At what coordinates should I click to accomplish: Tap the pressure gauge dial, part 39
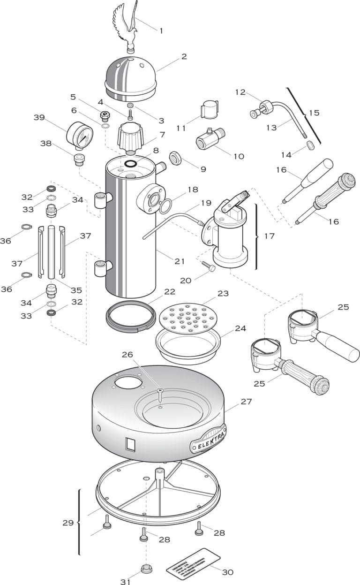[x=80, y=135]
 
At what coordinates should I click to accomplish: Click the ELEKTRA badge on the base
[x=208, y=439]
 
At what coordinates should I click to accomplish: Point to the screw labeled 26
[x=160, y=395]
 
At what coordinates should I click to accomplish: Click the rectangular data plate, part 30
[x=193, y=564]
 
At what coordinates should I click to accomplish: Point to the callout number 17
[x=269, y=236]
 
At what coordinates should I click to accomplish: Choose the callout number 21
[x=180, y=261]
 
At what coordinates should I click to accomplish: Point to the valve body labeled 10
[x=210, y=138]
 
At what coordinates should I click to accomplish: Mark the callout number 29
[x=68, y=523]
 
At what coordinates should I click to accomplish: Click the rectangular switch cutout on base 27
[x=131, y=443]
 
